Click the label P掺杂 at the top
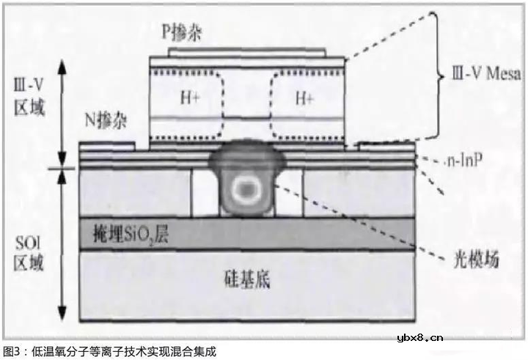coord(183,33)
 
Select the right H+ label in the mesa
coord(304,97)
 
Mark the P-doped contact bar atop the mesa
coord(248,52)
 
